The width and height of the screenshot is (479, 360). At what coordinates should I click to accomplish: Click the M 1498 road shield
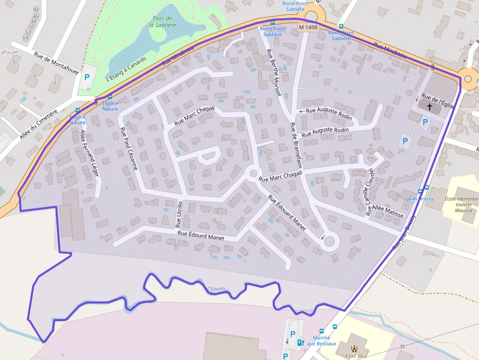click(308, 28)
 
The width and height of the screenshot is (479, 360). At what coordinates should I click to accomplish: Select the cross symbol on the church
click(430, 106)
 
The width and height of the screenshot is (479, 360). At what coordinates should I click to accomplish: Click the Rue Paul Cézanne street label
click(129, 148)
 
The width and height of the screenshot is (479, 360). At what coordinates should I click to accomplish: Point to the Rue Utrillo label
click(179, 214)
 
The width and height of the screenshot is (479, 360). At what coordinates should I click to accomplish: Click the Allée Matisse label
click(388, 212)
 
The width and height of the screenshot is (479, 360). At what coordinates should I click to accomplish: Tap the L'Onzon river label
click(216, 289)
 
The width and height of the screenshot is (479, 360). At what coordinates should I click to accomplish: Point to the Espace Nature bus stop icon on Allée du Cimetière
click(77, 110)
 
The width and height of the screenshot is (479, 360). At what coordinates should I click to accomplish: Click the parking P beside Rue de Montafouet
click(87, 77)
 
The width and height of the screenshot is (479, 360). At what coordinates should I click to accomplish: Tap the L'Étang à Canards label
click(126, 69)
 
